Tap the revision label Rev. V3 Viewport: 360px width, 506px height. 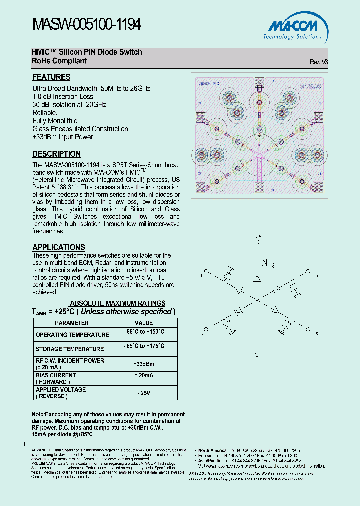click(319, 62)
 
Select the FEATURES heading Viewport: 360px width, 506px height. click(51, 77)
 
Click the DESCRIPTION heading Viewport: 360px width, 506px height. click(56, 154)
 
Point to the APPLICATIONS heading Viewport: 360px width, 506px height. click(58, 247)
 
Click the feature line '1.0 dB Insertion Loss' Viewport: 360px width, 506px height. click(63, 97)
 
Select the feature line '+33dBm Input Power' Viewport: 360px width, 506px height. click(62, 137)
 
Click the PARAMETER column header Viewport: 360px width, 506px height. click(71, 323)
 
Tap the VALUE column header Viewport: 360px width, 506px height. click(144, 323)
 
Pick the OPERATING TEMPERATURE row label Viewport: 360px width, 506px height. click(72, 335)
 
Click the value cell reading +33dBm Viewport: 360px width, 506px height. click(144, 364)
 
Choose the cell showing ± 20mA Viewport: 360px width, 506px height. click(144, 376)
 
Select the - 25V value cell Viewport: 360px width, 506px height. click(144, 393)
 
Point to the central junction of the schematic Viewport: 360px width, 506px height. click(257, 299)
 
